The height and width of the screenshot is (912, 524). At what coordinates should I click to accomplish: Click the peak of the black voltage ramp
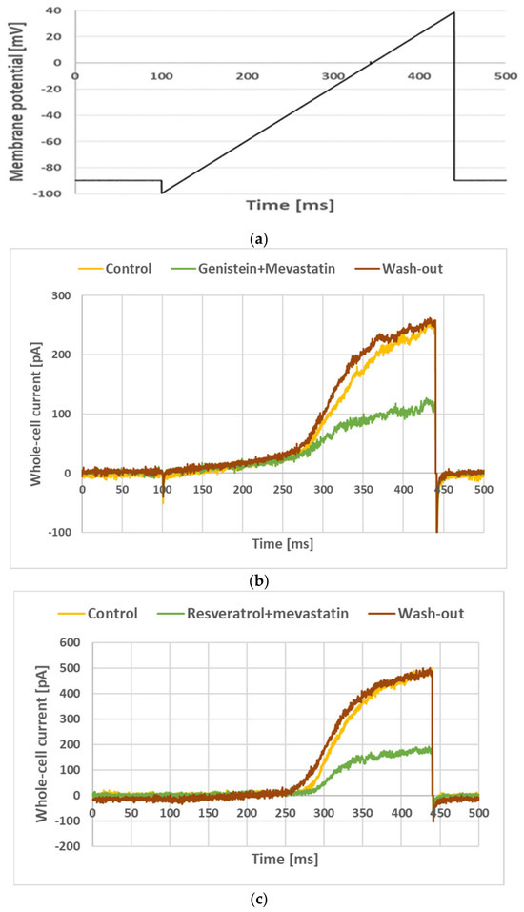pos(453,12)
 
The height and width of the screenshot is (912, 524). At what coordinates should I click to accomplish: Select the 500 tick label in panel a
pos(505,75)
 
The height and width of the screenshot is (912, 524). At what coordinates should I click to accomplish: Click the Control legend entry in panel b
pos(115,269)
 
